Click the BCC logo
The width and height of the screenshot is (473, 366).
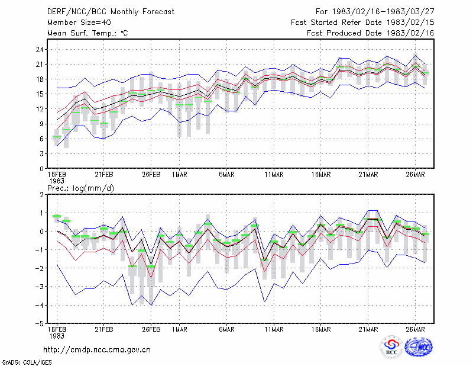tap(391, 348)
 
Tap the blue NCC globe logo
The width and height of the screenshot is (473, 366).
tap(419, 347)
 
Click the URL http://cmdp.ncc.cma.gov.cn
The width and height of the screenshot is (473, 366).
tap(97, 350)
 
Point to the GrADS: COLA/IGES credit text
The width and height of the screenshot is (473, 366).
tap(27, 362)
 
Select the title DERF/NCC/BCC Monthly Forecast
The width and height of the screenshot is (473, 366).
tap(111, 12)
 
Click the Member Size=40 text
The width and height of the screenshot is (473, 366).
tap(79, 23)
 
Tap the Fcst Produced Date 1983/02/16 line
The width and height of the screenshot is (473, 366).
tap(371, 33)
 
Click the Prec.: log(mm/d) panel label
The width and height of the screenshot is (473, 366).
tap(80, 188)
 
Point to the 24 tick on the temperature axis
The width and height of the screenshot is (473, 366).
tap(40, 50)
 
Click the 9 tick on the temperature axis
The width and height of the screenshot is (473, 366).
tap(41, 124)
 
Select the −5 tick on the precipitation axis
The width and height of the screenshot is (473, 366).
tap(39, 323)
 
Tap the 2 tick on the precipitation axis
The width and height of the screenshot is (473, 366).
tap(41, 195)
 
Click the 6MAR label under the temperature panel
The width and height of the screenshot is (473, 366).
tap(226, 175)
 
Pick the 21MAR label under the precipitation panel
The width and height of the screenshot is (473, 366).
tap(368, 329)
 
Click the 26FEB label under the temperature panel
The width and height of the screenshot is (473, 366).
tap(151, 175)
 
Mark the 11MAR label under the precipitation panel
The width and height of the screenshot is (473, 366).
tap(274, 329)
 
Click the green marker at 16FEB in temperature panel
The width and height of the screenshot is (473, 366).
tap(57, 137)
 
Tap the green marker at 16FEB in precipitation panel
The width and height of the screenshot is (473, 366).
tap(57, 216)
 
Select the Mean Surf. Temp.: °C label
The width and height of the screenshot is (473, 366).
tap(88, 33)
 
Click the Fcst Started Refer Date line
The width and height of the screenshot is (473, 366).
tap(362, 23)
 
